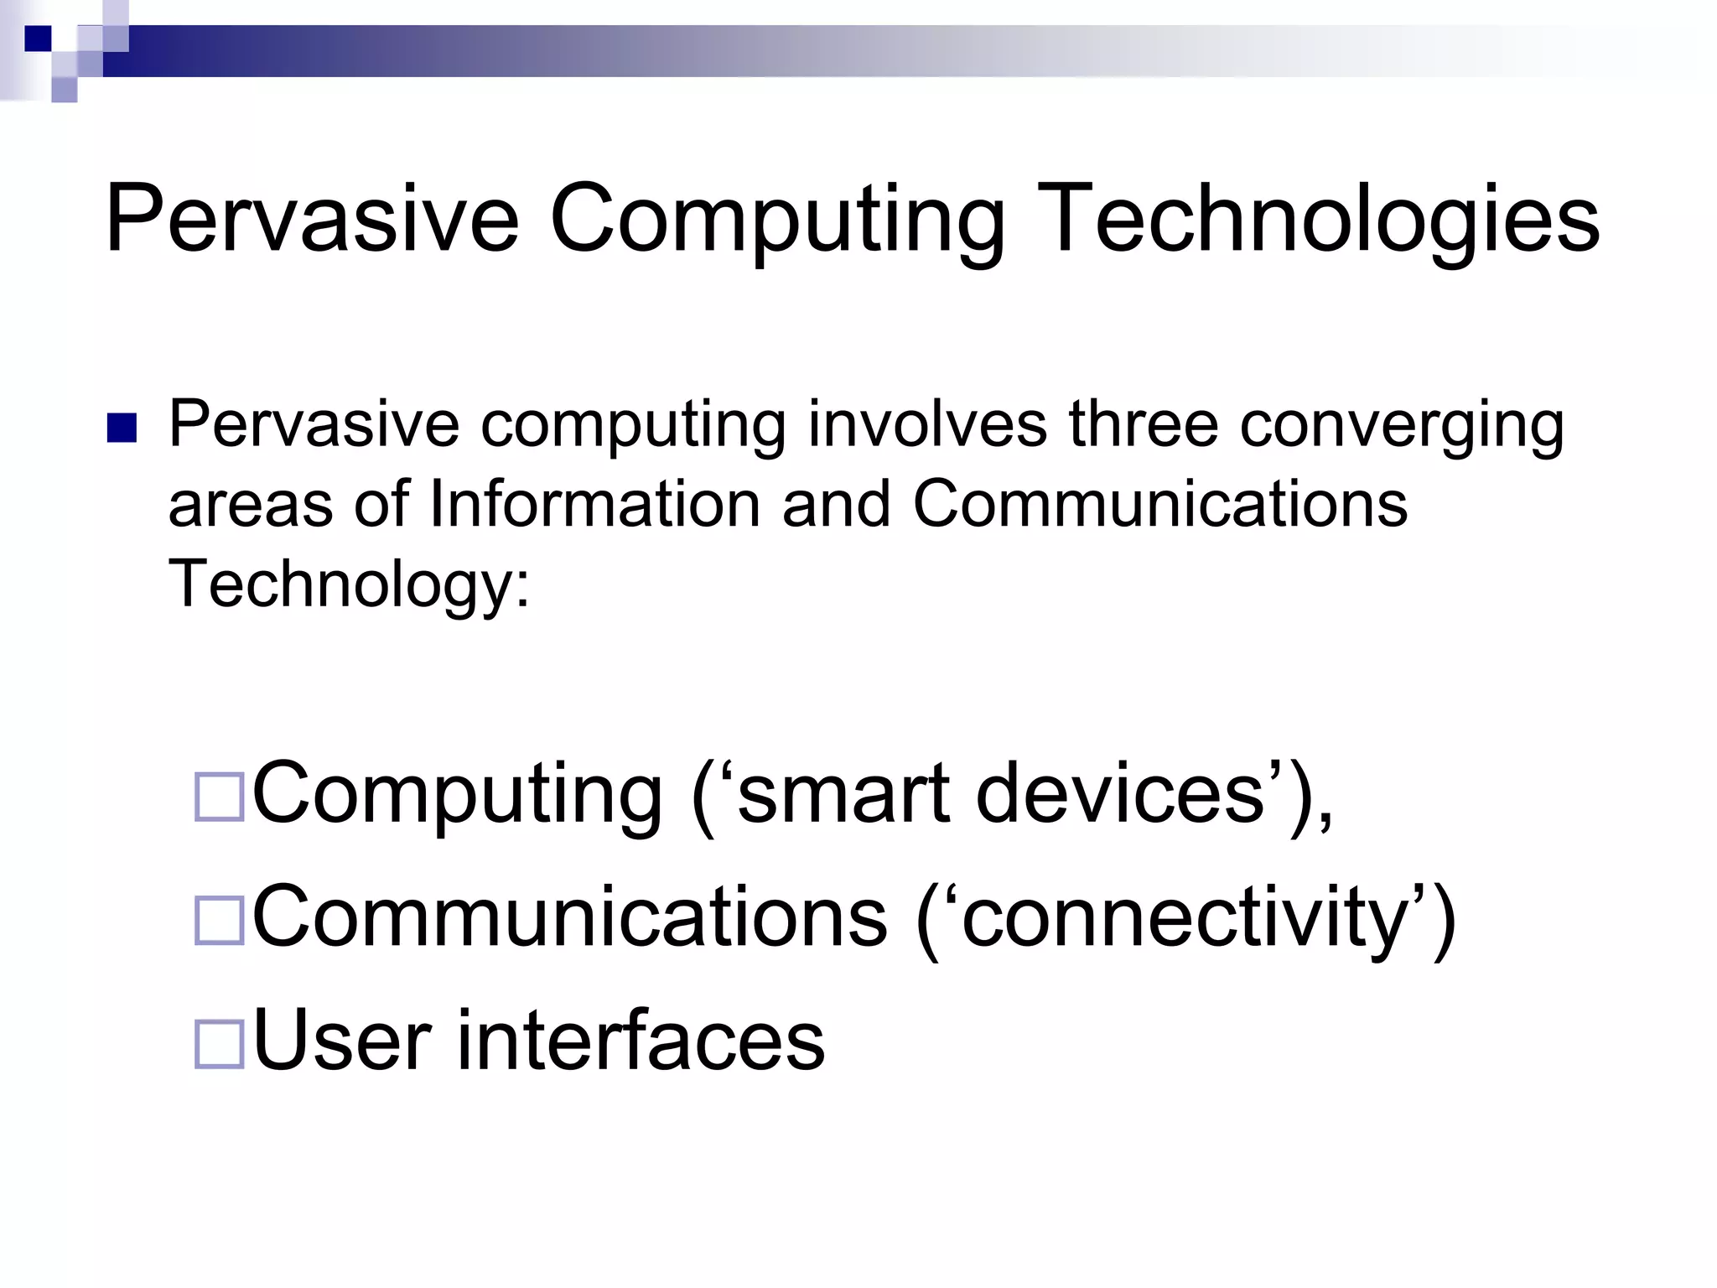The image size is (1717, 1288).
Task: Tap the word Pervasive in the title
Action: click(x=312, y=220)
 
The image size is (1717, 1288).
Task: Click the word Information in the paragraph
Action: click(x=594, y=504)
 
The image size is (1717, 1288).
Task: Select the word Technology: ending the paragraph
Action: click(x=350, y=584)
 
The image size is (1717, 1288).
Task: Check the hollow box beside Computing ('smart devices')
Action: click(x=219, y=797)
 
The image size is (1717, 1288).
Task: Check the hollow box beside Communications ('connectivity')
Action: click(x=219, y=921)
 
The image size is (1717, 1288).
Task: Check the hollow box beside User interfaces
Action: click(x=219, y=1044)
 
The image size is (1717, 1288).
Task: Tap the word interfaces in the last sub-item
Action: click(x=641, y=1041)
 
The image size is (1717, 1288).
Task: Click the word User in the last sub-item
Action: click(x=342, y=1041)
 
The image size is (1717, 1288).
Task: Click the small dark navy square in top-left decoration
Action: click(x=38, y=39)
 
